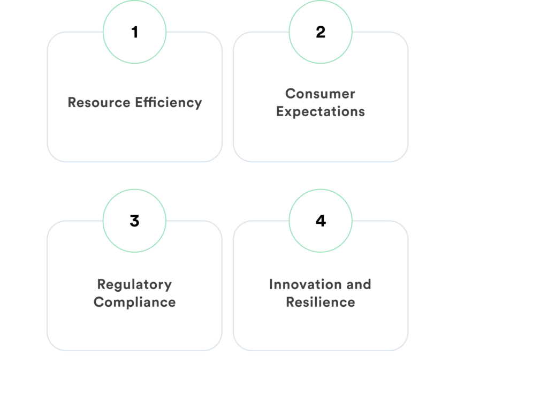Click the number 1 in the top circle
[x=134, y=32]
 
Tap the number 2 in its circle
[x=321, y=32]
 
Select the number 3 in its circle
[x=134, y=221]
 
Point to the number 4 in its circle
[x=321, y=221]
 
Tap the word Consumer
[x=320, y=94]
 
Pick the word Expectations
[x=320, y=111]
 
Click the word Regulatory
[x=134, y=284]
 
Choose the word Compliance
[x=134, y=302]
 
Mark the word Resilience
[x=320, y=302]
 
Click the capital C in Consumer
[x=290, y=94]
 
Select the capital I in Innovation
[x=271, y=284]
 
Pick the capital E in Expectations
[x=280, y=111]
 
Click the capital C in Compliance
[x=98, y=302]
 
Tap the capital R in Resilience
[x=290, y=302]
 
